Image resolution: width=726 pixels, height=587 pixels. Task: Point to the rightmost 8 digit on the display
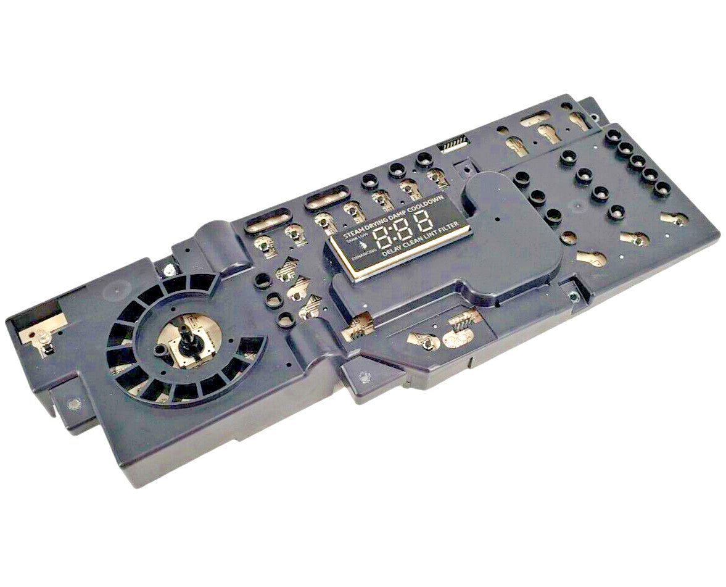click(423, 223)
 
